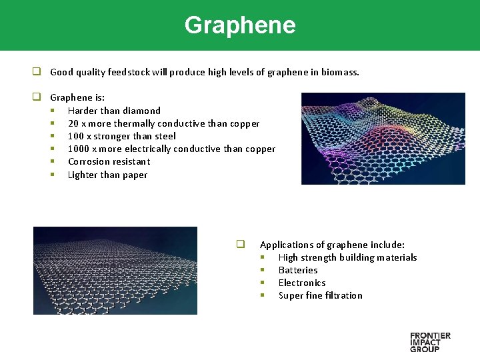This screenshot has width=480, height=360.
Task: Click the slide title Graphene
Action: (x=239, y=25)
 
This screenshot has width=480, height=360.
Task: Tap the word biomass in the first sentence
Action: (x=340, y=72)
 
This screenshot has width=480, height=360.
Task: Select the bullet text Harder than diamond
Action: (x=114, y=111)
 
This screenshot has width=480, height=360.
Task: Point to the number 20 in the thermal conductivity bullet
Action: (x=73, y=123)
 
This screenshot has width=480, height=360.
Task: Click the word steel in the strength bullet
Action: (x=165, y=136)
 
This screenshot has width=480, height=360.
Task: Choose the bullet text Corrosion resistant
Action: (x=109, y=161)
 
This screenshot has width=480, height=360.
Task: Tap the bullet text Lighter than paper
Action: (x=107, y=175)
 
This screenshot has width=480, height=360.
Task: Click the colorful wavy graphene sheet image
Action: (x=383, y=138)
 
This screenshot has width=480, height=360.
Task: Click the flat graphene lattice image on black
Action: (x=115, y=270)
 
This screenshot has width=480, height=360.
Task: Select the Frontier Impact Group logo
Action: (x=430, y=341)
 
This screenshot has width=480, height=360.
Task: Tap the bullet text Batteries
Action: (x=298, y=270)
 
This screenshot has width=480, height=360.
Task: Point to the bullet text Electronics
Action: (x=302, y=283)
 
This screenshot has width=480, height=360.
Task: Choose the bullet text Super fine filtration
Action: (x=320, y=295)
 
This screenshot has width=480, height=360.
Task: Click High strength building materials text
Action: (x=347, y=257)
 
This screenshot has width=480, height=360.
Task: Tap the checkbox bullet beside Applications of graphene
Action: (x=240, y=244)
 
